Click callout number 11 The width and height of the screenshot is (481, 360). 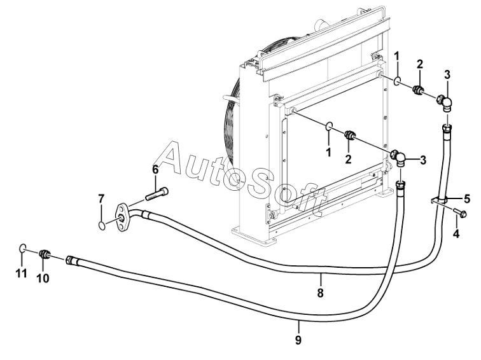tap(22, 273)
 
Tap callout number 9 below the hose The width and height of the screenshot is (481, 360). tap(298, 340)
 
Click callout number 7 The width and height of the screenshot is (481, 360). tap(101, 199)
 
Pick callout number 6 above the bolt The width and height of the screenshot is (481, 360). tap(155, 170)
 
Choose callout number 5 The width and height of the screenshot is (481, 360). tap(467, 197)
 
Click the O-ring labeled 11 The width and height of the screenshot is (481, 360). tap(22, 248)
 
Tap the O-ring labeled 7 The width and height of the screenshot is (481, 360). tap(101, 224)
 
